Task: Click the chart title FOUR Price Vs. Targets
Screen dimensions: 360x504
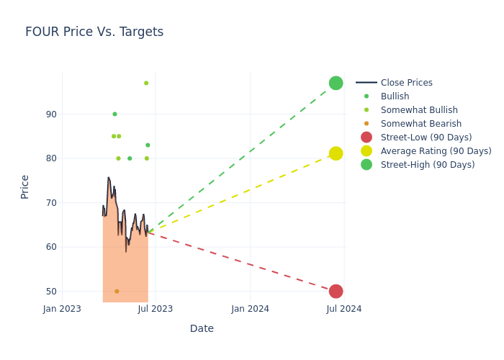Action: (94, 32)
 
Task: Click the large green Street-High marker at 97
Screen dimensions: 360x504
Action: (336, 83)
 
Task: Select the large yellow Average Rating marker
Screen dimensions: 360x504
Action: (336, 153)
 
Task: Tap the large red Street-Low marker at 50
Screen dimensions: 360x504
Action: (336, 291)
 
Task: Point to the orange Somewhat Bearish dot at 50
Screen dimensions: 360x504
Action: (117, 291)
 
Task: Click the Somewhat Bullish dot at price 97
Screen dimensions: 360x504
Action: (146, 83)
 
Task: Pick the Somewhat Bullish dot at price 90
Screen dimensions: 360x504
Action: (114, 114)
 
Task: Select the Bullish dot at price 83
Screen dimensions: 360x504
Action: (148, 145)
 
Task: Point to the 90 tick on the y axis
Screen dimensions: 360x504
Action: (51, 114)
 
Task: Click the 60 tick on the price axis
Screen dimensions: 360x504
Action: (51, 247)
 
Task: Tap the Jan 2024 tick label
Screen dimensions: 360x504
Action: (251, 309)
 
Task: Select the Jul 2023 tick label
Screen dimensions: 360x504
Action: (155, 309)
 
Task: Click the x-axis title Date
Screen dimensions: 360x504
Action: (202, 328)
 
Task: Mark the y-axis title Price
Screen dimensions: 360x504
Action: (25, 186)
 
